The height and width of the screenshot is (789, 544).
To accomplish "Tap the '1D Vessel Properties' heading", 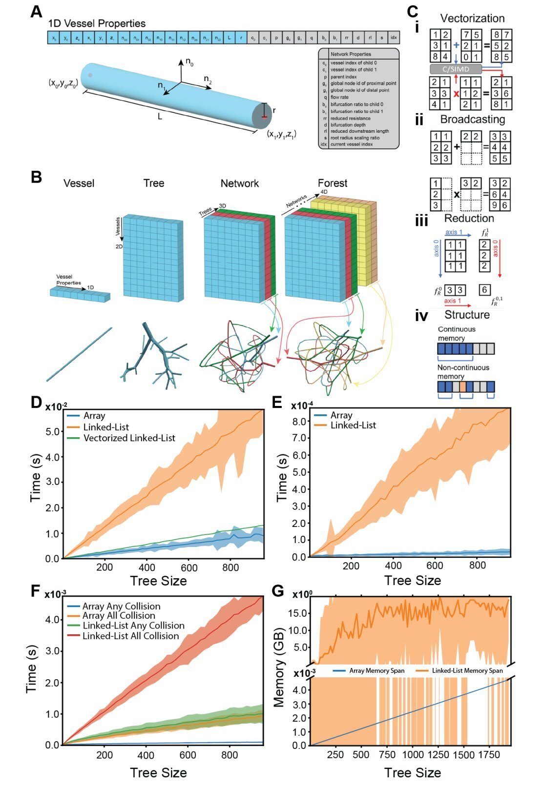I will point(97,23).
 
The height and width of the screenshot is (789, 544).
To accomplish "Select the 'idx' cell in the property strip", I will point(394,38).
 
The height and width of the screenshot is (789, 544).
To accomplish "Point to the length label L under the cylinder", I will point(160,117).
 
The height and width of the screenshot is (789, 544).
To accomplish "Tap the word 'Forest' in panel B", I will point(332,183).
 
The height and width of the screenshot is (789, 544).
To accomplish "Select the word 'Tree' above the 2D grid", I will point(154,183).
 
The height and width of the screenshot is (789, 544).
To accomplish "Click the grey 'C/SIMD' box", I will point(456,69).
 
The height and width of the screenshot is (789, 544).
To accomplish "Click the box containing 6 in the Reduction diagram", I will point(484,290).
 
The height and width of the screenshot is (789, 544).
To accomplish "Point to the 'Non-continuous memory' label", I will point(463,372).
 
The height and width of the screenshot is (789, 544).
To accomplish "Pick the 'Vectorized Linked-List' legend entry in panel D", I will point(129,438).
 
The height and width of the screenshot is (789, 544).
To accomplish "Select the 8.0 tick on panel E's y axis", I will point(299,421).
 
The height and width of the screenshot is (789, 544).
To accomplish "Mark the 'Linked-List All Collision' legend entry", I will point(130,636).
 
